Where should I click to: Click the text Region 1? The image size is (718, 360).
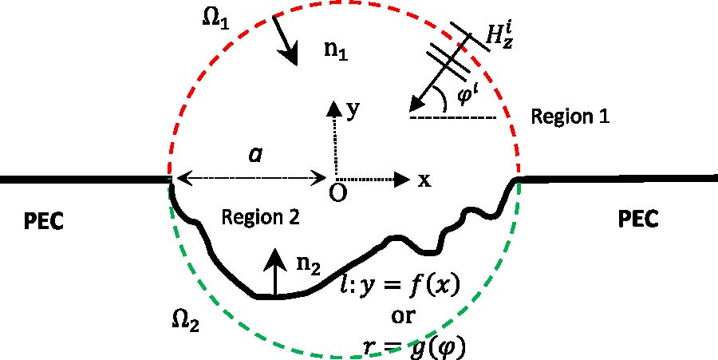[x=570, y=117]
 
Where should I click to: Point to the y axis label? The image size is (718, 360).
[x=350, y=110]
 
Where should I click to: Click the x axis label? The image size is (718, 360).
[x=424, y=180]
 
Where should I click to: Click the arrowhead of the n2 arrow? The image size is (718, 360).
[x=275, y=257]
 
